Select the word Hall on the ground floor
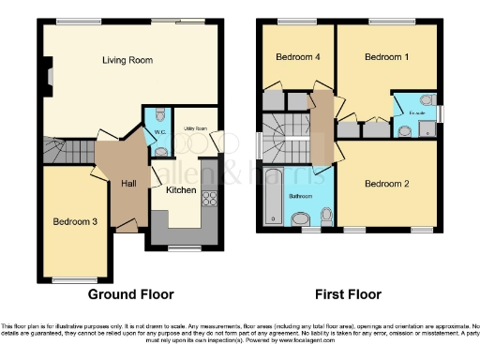pyautogui.click(x=128, y=184)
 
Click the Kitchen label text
pyautogui.click(x=181, y=190)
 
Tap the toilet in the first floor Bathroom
pyautogui.click(x=302, y=219)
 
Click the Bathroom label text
pyautogui.click(x=302, y=196)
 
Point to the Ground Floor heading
pyautogui.click(x=130, y=293)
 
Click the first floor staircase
pyautogui.click(x=282, y=139)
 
